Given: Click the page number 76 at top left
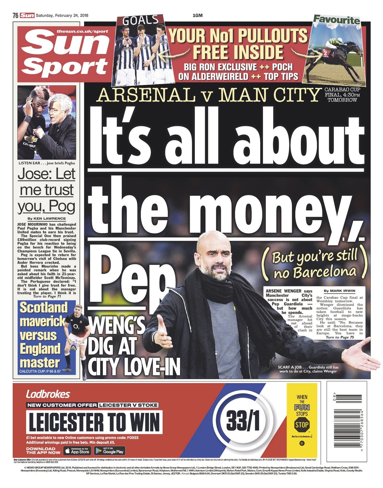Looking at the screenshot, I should point(16,16).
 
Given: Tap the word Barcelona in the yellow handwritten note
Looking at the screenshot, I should point(324,272).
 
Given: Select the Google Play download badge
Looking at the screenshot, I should point(110,451).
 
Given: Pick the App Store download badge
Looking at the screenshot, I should point(77,451).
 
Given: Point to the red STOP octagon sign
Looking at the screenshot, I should point(302,425).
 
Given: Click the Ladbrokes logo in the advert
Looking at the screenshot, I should point(48,394).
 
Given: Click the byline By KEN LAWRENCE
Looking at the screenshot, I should point(46,219).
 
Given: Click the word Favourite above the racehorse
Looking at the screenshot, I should point(336,20).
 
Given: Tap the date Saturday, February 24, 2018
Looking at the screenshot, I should point(62,16).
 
